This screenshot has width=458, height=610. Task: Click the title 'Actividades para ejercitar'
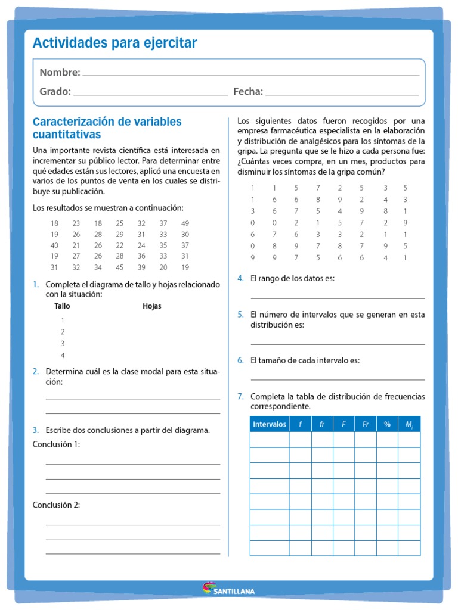point(114,43)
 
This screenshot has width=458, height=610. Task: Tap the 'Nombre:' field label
point(60,73)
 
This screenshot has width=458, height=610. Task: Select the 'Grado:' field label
point(55,91)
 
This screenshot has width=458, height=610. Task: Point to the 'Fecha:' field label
point(248,91)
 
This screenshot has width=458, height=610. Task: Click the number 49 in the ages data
point(185,223)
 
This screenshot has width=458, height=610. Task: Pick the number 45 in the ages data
point(120,267)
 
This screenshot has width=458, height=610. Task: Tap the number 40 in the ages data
point(54,245)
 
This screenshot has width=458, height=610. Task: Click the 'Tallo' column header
point(62,306)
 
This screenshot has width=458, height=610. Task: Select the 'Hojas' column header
point(151,306)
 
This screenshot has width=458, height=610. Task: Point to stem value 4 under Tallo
point(63,356)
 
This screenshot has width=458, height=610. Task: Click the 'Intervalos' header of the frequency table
point(270,424)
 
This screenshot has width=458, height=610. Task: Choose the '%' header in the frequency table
point(387,424)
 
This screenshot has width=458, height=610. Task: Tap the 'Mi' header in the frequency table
point(409,424)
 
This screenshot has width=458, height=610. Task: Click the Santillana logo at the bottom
point(228,589)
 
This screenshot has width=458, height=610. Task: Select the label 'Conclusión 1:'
point(56,444)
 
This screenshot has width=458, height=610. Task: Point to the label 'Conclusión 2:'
point(56,505)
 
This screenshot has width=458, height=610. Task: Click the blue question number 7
point(240,396)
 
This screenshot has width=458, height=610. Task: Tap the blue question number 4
point(240,278)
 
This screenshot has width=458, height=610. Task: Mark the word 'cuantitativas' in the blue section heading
point(67,135)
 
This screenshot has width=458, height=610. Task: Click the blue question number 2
point(36,371)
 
